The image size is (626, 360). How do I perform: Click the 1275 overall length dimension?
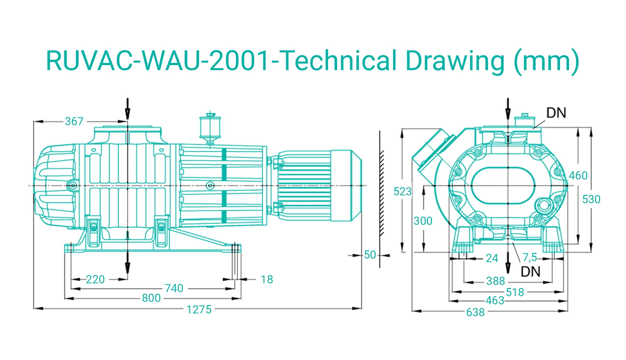coord(199,310)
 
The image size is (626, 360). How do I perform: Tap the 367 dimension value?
coord(74,121)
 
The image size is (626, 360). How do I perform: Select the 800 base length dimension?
coord(151,298)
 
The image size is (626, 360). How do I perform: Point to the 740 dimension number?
coord(174,288)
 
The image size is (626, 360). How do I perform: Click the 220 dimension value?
coord(95,280)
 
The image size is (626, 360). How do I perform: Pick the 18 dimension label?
coord(267,280)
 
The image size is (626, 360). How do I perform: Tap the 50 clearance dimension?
coord(370,255)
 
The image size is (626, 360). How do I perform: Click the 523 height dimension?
coord(403,192)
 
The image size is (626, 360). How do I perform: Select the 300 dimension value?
coord(423,221)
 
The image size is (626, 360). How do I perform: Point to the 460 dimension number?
coord(578,176)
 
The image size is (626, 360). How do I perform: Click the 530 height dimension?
coord(591,199)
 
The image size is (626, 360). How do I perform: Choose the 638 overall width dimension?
coord(475,312)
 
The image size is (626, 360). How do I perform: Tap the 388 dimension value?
coord(495,281)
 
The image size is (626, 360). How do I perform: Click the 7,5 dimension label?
coord(530,258)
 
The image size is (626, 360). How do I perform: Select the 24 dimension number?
coord(492,258)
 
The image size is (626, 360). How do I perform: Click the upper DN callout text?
coord(556,113)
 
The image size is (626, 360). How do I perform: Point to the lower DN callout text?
coord(531,272)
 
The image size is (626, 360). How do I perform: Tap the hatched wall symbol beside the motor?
coord(382,193)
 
